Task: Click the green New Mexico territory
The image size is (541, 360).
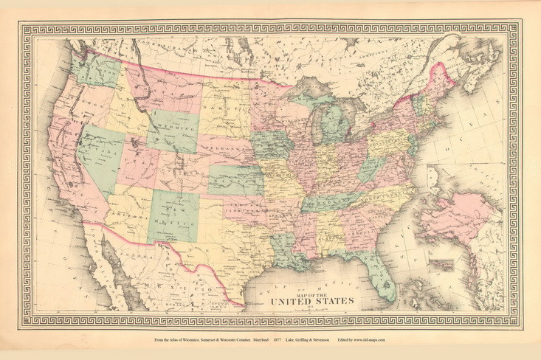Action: point(173,215)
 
